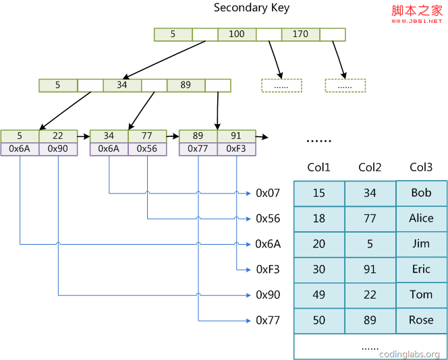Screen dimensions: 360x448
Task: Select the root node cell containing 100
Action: (237, 34)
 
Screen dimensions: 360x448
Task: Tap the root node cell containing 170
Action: (300, 34)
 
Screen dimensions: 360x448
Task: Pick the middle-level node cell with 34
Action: (122, 86)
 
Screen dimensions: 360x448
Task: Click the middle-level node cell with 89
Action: (186, 86)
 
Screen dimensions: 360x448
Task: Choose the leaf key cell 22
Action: (58, 136)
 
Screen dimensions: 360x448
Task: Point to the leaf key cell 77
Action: (147, 136)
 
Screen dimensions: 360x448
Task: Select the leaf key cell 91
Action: (236, 136)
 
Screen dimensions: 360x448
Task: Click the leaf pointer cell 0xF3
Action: (236, 149)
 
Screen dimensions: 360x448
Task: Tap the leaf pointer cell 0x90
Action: (58, 149)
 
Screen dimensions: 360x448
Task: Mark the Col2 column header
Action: (370, 168)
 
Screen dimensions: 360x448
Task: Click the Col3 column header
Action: (421, 168)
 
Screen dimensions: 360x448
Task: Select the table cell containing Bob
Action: (421, 193)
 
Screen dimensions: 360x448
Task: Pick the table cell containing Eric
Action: (421, 269)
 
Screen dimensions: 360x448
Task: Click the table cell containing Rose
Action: (421, 320)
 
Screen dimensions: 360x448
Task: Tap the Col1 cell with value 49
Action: (319, 295)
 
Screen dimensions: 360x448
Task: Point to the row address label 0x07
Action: (268, 193)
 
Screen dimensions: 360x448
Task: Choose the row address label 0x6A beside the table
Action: (268, 244)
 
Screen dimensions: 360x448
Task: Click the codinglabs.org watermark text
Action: (410, 354)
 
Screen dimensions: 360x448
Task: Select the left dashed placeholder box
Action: (281, 86)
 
